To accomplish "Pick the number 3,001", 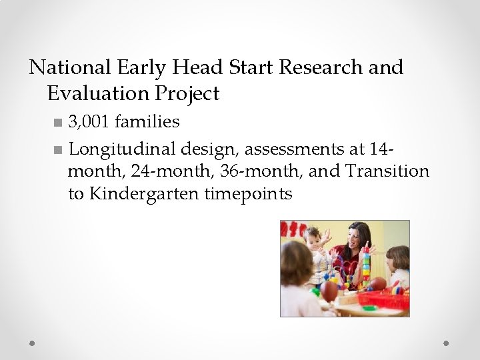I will coord(89,122).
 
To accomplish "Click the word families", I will coord(147,122).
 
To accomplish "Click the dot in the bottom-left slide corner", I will coord(32,343).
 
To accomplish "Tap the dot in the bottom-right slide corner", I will coord(447,343).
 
